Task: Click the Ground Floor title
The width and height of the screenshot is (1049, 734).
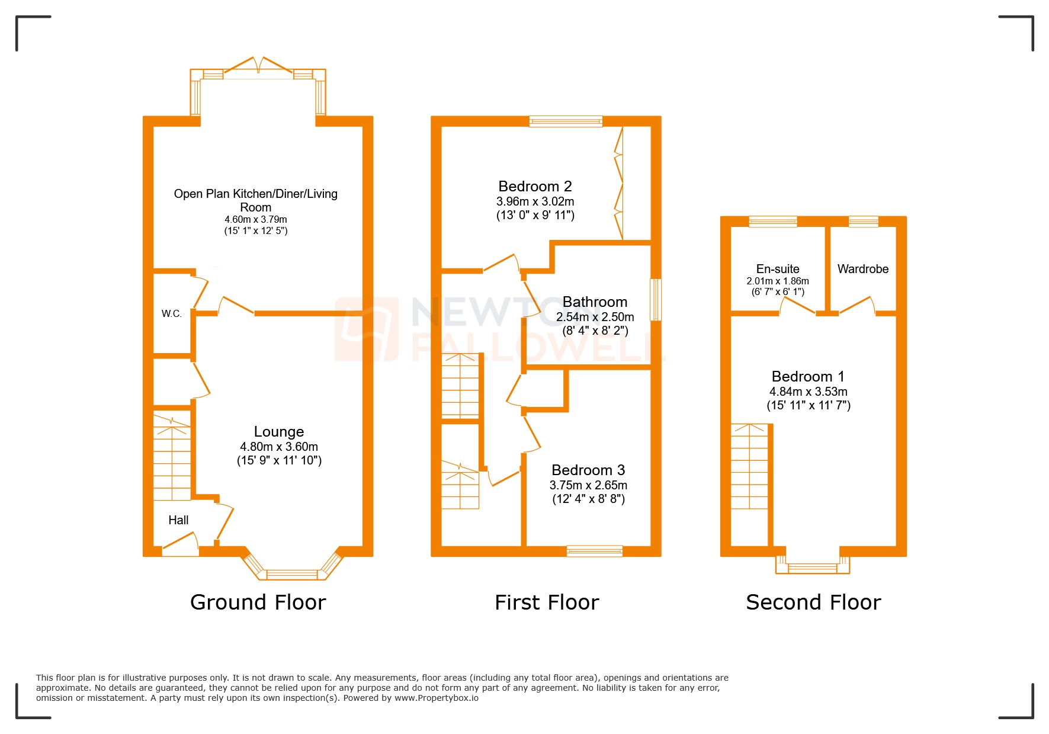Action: (x=258, y=602)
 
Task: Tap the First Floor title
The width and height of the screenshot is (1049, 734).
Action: (x=547, y=602)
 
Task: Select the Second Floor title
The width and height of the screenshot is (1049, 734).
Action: (x=813, y=602)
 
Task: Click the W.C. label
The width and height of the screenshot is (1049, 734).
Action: (x=171, y=313)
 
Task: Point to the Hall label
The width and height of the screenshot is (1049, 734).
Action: (x=178, y=520)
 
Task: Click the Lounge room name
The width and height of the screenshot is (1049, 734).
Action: (x=279, y=431)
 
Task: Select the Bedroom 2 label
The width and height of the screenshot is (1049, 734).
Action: (x=535, y=187)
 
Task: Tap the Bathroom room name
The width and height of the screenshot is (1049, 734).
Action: (x=595, y=302)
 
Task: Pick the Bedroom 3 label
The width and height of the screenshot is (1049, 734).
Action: (x=588, y=470)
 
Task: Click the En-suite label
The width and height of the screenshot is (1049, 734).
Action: (x=778, y=269)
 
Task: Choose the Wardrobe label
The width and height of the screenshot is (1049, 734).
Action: (x=863, y=269)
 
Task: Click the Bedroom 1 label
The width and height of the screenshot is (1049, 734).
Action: (x=808, y=377)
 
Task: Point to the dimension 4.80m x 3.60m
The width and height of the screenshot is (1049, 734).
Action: (x=279, y=447)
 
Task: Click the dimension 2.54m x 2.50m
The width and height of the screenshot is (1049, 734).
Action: (x=595, y=317)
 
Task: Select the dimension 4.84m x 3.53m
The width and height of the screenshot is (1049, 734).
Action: (x=808, y=392)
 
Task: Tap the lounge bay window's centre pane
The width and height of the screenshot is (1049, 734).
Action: (x=292, y=573)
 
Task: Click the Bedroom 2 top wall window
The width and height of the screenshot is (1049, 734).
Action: (x=566, y=121)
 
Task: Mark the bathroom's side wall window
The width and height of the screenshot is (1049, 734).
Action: (x=656, y=300)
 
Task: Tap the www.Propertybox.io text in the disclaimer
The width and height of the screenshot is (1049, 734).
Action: (x=437, y=698)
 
